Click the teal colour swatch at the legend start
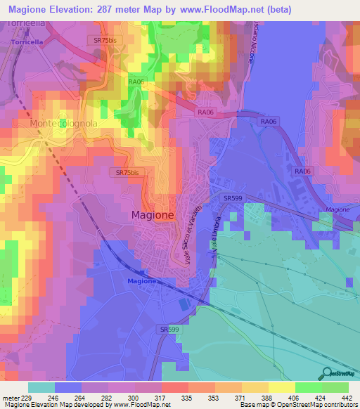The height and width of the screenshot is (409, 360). tap(41, 387)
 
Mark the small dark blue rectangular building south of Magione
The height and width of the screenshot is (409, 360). tap(184, 304)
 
